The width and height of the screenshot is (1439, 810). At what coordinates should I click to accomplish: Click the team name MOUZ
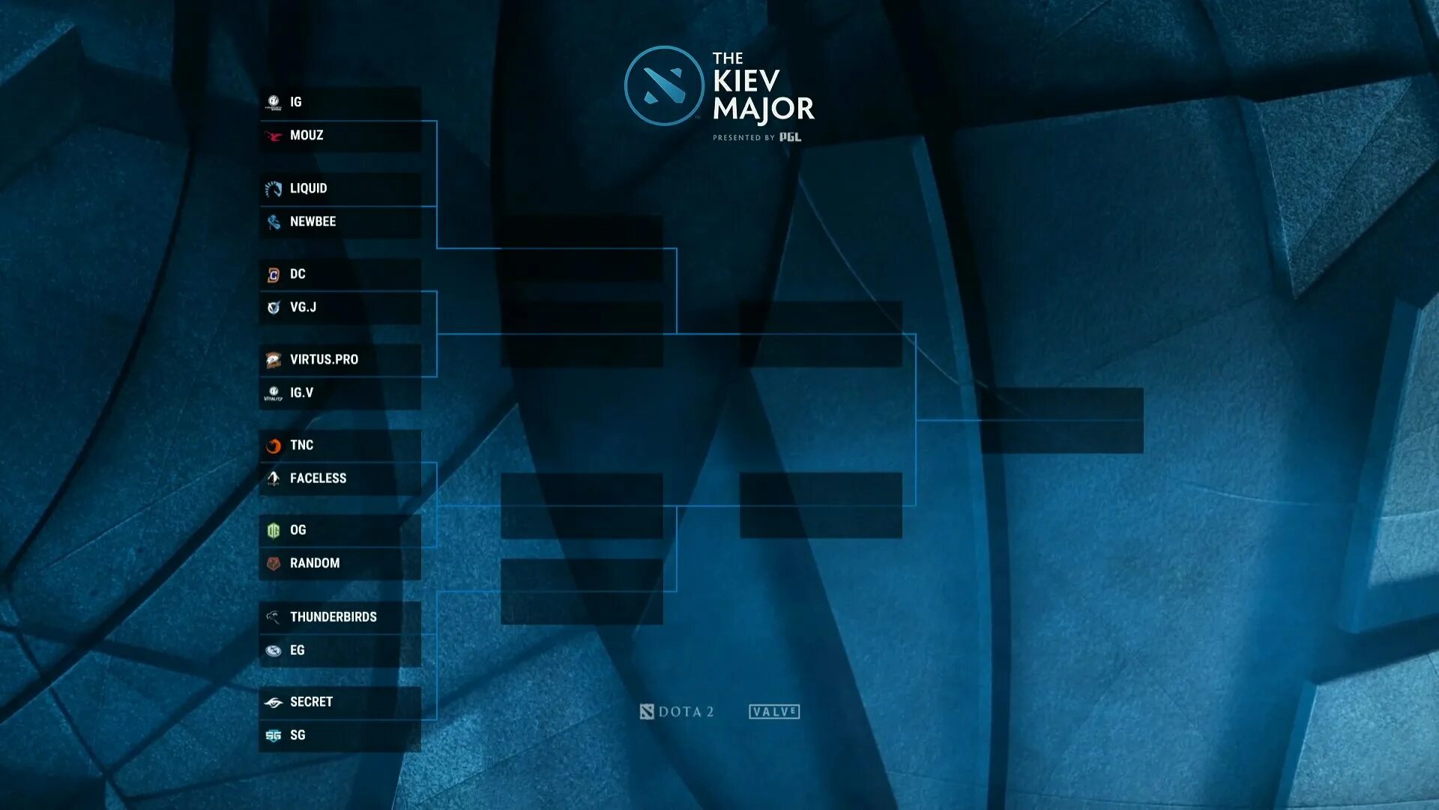click(x=307, y=136)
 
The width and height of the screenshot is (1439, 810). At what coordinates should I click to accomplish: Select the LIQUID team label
click(x=308, y=188)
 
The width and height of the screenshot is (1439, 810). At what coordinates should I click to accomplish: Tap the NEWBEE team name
click(x=313, y=222)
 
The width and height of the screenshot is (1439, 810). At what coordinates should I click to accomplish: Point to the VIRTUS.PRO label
click(x=324, y=360)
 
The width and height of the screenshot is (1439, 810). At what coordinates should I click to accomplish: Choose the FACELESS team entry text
click(x=318, y=478)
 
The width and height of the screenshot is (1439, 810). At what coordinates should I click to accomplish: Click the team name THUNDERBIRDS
click(x=333, y=617)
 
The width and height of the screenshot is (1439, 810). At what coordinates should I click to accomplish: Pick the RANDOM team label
click(x=315, y=563)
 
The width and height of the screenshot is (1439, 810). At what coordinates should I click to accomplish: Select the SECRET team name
click(x=311, y=702)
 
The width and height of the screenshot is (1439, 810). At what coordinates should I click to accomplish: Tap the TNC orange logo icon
click(x=274, y=446)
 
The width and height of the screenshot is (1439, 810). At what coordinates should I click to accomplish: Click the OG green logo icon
click(x=274, y=531)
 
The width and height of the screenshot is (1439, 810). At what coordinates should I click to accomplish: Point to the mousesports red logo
click(x=274, y=136)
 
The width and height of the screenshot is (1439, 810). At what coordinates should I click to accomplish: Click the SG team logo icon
click(x=274, y=736)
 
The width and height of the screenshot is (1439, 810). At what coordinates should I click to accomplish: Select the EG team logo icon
click(x=274, y=651)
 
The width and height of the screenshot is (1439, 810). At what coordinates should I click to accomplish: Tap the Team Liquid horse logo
click(x=274, y=189)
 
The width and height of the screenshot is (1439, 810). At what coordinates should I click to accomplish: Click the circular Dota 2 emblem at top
click(x=663, y=85)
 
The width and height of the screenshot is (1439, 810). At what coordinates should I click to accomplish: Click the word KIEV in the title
click(x=746, y=81)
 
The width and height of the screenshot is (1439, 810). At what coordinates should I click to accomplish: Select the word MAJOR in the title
click(x=763, y=109)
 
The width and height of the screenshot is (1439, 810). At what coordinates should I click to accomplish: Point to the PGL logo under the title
click(x=790, y=137)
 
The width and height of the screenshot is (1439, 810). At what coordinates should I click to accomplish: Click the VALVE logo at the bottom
click(x=774, y=712)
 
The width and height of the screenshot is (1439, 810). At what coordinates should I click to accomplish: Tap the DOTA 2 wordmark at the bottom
click(x=677, y=712)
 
